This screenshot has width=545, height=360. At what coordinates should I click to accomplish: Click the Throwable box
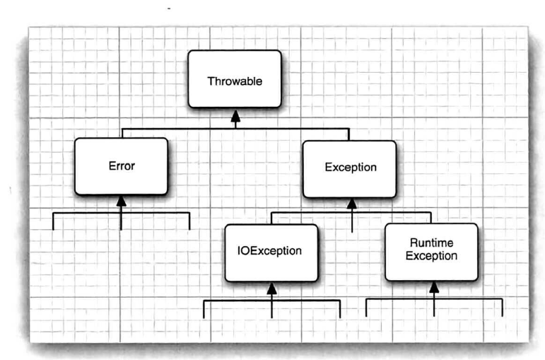point(235,79)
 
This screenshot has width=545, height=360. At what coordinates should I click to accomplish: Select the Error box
point(121,167)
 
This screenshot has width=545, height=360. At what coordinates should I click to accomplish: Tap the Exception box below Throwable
point(349,168)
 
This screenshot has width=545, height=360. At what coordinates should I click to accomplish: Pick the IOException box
point(271,252)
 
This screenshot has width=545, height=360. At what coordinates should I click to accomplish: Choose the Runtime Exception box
point(431,252)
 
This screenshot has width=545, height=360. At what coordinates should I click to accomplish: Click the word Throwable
point(235,81)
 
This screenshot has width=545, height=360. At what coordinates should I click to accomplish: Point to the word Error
point(121,167)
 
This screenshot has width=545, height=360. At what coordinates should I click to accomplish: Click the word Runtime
point(431,243)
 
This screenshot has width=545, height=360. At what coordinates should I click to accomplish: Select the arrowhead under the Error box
point(121,202)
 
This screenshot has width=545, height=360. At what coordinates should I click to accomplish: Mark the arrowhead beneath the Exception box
point(351,204)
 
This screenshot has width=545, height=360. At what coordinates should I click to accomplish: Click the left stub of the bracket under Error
point(53,220)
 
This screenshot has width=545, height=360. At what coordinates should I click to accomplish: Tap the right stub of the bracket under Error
point(189,220)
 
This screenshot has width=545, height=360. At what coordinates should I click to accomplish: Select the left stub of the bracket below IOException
point(204,309)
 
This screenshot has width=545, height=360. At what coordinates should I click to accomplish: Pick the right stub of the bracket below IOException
point(340,309)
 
